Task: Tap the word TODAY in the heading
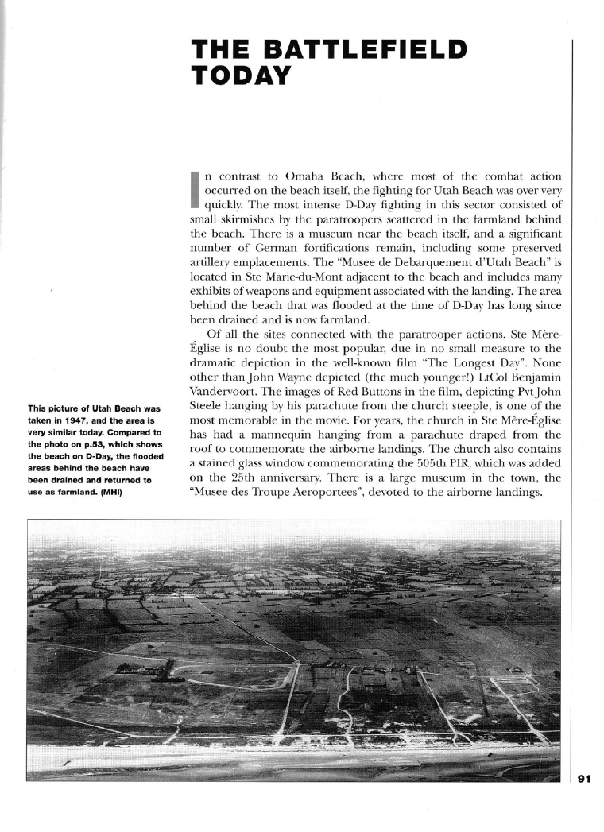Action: [242, 75]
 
